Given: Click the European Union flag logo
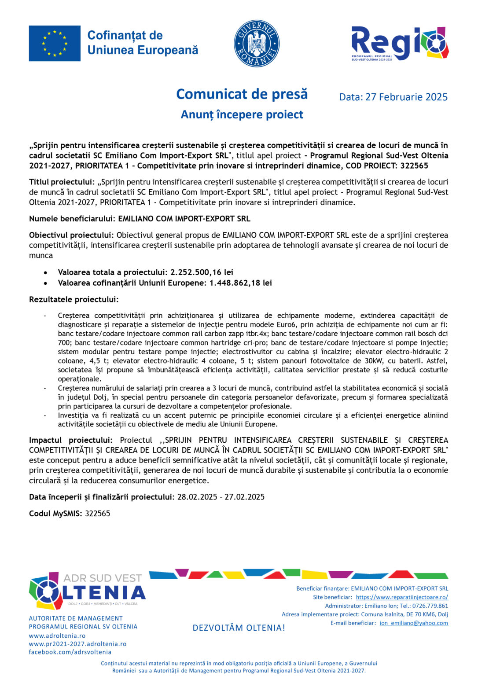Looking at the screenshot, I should pos(55,43).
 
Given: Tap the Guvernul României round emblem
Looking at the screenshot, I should pos(257,43).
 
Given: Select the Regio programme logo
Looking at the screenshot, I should pos(399,43).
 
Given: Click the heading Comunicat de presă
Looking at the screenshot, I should pos(242,94).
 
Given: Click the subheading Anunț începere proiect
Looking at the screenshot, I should pos(242,115).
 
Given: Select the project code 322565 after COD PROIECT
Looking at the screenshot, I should pos(414,166).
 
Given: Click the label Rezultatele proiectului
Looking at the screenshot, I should pos(74,300).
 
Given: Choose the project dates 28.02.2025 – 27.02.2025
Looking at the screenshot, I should pos(221,497).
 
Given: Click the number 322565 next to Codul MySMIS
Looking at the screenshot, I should pos(97,514).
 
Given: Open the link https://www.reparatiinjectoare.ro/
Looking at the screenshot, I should pos(402,597).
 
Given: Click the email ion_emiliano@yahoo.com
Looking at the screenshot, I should pos(414,623).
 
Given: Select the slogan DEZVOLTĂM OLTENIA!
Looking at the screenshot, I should pos(239,628).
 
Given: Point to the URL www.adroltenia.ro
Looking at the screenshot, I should pos(57,636).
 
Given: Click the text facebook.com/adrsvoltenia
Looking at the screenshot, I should pos(70,652).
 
